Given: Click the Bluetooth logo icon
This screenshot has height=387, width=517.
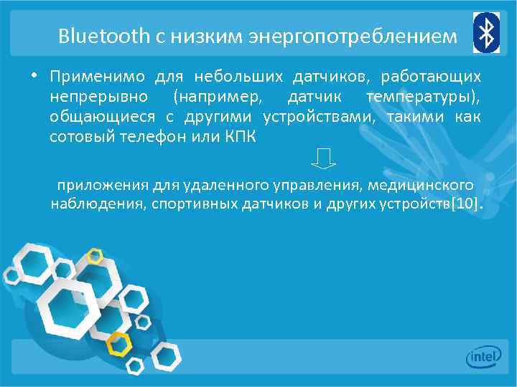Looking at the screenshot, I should (485, 32).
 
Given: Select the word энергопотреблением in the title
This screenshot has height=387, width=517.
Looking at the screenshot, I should (353, 35).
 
